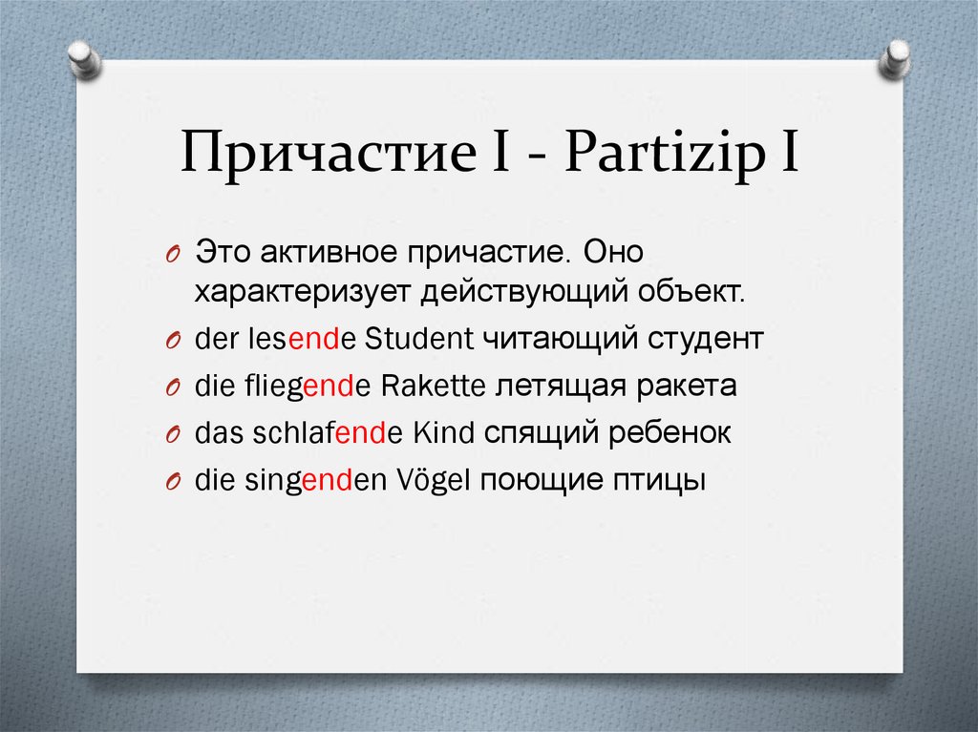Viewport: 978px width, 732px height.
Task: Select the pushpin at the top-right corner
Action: point(895,59)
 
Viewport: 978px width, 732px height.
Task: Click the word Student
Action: point(420,339)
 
